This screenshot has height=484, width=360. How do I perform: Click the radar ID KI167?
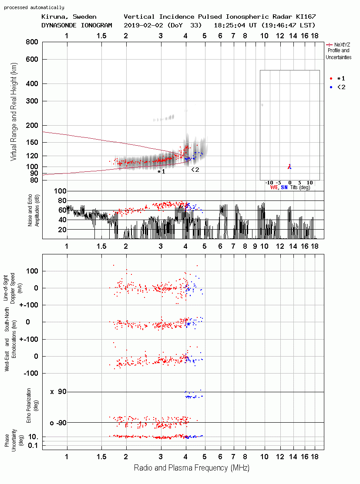click(x=306, y=17)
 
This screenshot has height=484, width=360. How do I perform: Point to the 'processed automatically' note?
click(x=34, y=7)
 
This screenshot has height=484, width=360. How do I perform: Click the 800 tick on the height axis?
click(x=32, y=42)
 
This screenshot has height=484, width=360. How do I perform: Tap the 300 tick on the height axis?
click(x=32, y=101)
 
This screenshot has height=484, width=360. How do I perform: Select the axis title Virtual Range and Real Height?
click(x=13, y=112)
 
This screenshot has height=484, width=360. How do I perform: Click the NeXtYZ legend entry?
click(x=339, y=51)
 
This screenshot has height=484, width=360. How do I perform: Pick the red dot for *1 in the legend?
click(x=331, y=79)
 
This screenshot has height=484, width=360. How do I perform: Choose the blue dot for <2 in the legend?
click(x=331, y=87)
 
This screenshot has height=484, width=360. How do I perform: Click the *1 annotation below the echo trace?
click(x=161, y=172)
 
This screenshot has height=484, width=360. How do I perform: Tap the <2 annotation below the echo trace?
click(x=195, y=170)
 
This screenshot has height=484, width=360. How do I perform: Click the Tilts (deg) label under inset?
click(x=300, y=187)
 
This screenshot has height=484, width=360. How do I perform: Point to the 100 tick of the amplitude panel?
click(x=60, y=191)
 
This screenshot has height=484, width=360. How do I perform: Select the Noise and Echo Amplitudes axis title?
click(x=34, y=210)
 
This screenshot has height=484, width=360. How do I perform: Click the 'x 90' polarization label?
click(x=58, y=392)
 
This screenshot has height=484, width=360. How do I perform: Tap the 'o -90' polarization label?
click(x=58, y=423)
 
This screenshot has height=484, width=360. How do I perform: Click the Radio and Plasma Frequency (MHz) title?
click(x=192, y=468)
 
